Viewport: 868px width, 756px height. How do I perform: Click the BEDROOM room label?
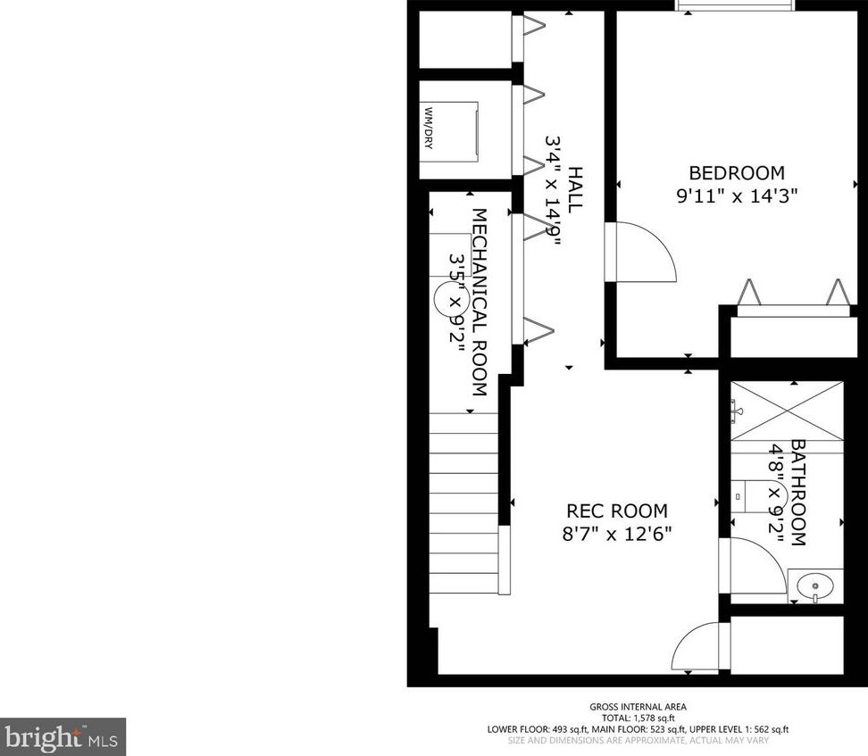point(736,173)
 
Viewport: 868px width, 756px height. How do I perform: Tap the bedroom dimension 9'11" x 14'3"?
point(736,196)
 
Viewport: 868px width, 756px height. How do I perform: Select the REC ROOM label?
point(617,511)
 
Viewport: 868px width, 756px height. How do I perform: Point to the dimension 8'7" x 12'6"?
point(617,534)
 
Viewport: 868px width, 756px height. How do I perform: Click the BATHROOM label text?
point(797,492)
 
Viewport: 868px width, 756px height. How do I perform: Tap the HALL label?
point(575,188)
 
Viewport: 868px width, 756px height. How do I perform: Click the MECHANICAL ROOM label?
point(479,303)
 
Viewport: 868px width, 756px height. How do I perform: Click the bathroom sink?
point(814,586)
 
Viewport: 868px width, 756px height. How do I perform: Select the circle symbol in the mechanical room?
point(448,299)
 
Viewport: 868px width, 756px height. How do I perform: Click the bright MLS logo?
point(63,736)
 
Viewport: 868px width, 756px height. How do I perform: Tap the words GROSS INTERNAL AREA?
point(638,706)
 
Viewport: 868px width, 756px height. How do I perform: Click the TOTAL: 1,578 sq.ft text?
point(638,718)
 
